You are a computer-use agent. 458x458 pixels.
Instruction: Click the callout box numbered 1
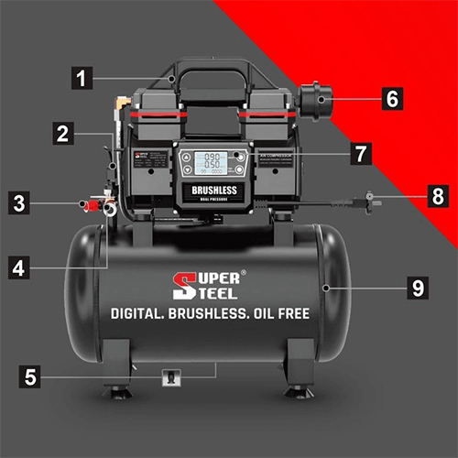(84, 78)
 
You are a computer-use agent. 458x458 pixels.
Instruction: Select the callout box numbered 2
(62, 134)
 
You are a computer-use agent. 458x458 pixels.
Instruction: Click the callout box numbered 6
(391, 98)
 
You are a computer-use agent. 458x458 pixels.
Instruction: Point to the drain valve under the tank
(169, 376)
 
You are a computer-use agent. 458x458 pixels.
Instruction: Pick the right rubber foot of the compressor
(295, 393)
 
